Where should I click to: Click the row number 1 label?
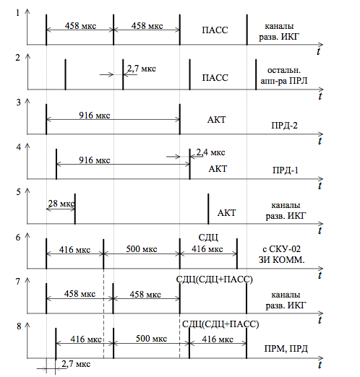[17, 13]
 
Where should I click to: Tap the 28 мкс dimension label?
[61, 204]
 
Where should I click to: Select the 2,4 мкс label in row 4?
[210, 152]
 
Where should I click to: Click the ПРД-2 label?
[284, 126]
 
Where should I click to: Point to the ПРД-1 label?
[286, 170]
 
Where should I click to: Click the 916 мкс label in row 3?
[95, 116]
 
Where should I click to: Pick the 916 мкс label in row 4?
[95, 160]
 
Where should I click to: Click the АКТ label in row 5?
[226, 213]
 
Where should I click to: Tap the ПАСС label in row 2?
[215, 78]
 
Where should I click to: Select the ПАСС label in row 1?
[215, 30]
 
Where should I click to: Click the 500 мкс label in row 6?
[142, 249]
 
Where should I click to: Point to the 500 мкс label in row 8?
[151, 339]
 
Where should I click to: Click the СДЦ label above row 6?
[208, 238]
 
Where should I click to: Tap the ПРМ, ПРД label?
[286, 349]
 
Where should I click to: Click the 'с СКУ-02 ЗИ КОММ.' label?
[281, 254]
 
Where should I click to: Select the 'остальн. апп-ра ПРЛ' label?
[284, 75]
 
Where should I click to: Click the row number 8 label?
[19, 326]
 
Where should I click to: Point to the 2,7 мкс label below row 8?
[76, 364]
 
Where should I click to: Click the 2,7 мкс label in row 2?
[142, 69]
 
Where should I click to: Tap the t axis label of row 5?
[320, 230]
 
